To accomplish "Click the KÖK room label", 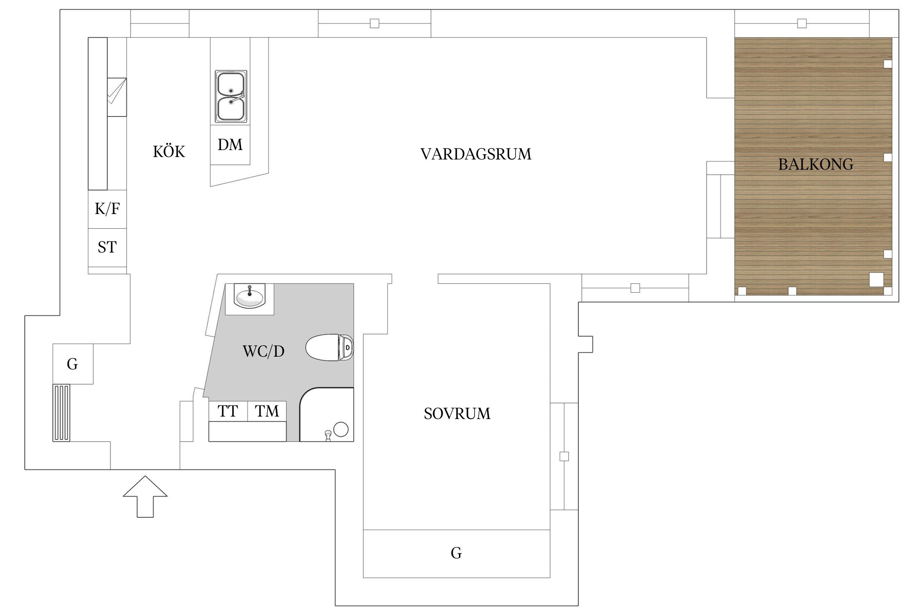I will click(x=169, y=152).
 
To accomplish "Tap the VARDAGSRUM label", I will click(x=476, y=154).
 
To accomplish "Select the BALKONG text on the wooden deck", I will click(x=815, y=164).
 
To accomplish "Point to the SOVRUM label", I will click(x=457, y=414).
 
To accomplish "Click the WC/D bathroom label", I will click(x=263, y=351).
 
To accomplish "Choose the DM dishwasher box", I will click(x=230, y=145).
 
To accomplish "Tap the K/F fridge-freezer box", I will click(x=107, y=209).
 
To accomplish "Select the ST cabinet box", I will click(x=107, y=247).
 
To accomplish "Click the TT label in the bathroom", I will click(x=227, y=411).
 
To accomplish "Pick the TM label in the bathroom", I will click(x=267, y=411).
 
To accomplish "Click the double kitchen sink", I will click(x=231, y=97).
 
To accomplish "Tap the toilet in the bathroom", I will click(x=329, y=347).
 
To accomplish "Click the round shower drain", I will click(x=341, y=429).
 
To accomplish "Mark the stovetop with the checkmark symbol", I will click(x=117, y=97).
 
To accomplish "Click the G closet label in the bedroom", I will click(x=456, y=553).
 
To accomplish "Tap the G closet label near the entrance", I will click(x=73, y=364).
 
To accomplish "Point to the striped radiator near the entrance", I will click(x=61, y=412).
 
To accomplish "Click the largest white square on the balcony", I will click(x=877, y=280).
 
